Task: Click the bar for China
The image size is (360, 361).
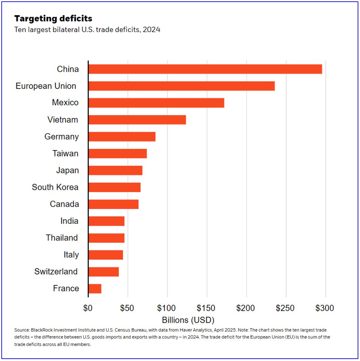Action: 205,69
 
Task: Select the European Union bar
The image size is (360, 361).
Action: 181,86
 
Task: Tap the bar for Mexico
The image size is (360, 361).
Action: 156,103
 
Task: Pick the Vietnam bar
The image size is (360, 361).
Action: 137,120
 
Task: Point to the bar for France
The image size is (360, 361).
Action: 95,288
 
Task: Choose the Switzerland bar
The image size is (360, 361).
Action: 104,271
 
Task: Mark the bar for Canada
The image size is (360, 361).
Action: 113,204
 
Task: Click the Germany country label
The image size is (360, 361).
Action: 61,137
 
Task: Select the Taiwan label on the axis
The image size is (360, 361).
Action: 66,153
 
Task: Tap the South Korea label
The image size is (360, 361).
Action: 55,187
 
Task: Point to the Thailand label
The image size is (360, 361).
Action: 62,238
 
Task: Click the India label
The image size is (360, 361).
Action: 69,221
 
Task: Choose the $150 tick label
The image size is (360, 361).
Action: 207,308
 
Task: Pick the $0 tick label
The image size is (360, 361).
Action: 88,308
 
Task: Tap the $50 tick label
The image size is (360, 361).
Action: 128,308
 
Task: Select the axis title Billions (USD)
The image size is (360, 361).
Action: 188,320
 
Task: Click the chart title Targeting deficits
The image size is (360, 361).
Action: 53,18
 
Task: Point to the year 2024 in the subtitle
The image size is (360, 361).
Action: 151,30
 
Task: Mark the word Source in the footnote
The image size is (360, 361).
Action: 21,330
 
